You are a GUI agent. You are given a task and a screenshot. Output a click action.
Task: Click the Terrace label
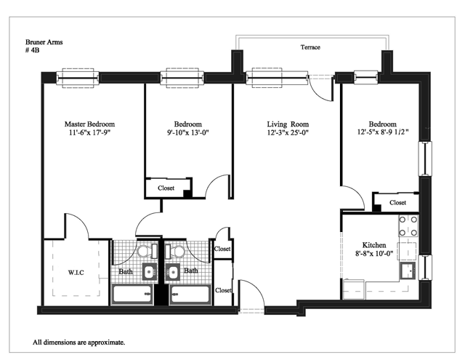[x=310, y=47]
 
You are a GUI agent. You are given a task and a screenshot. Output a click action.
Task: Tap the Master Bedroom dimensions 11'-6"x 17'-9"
[x=89, y=132]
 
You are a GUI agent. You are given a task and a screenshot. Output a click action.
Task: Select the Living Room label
[x=288, y=124]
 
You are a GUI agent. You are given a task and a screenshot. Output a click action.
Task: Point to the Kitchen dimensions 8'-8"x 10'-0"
[x=374, y=253]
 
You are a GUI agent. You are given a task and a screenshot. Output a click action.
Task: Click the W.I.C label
[x=76, y=273]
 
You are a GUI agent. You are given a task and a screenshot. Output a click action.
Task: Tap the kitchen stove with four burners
[x=408, y=226]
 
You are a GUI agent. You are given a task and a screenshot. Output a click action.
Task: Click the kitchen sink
[x=408, y=271]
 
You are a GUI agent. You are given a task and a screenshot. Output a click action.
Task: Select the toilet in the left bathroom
[x=147, y=252]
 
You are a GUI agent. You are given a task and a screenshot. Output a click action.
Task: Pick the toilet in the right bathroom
[x=174, y=252]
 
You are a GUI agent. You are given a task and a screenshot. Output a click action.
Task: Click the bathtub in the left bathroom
[x=132, y=295]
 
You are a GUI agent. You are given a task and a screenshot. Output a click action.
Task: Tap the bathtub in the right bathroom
[x=190, y=295]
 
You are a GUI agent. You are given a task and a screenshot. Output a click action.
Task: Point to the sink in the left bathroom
[x=150, y=271]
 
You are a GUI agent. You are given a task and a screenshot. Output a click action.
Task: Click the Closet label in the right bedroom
[x=397, y=203]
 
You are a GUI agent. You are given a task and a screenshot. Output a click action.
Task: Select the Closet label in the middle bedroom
[x=166, y=188]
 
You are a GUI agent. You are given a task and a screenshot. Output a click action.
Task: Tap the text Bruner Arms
[x=44, y=42]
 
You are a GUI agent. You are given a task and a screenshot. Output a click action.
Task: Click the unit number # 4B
[x=32, y=50]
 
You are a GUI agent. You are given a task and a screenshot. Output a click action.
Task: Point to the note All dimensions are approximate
[x=79, y=343]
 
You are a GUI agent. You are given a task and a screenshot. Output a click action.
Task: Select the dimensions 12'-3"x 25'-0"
[x=288, y=132]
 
